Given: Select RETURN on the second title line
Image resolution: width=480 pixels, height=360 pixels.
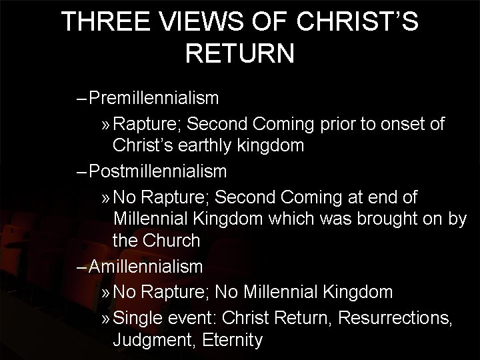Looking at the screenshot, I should point(239,54).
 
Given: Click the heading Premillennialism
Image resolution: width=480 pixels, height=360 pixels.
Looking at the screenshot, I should point(155,99).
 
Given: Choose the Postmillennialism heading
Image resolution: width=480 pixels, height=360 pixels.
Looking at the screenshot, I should point(159,171).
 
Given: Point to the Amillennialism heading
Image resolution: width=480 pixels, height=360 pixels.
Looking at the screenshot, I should point(145,267).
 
